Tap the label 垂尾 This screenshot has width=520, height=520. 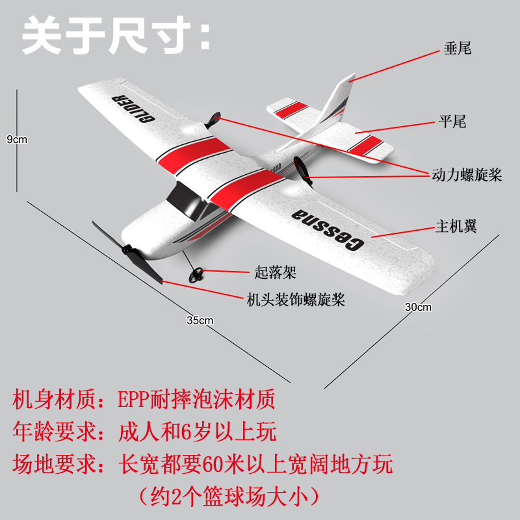click(457, 48)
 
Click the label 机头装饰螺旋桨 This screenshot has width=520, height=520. click(295, 300)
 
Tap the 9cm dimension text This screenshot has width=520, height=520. click(17, 139)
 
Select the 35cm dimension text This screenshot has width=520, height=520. click(200, 320)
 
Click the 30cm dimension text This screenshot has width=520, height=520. click(418, 307)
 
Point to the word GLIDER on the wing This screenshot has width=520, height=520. click(133, 109)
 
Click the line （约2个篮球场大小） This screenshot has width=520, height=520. click(231, 497)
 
